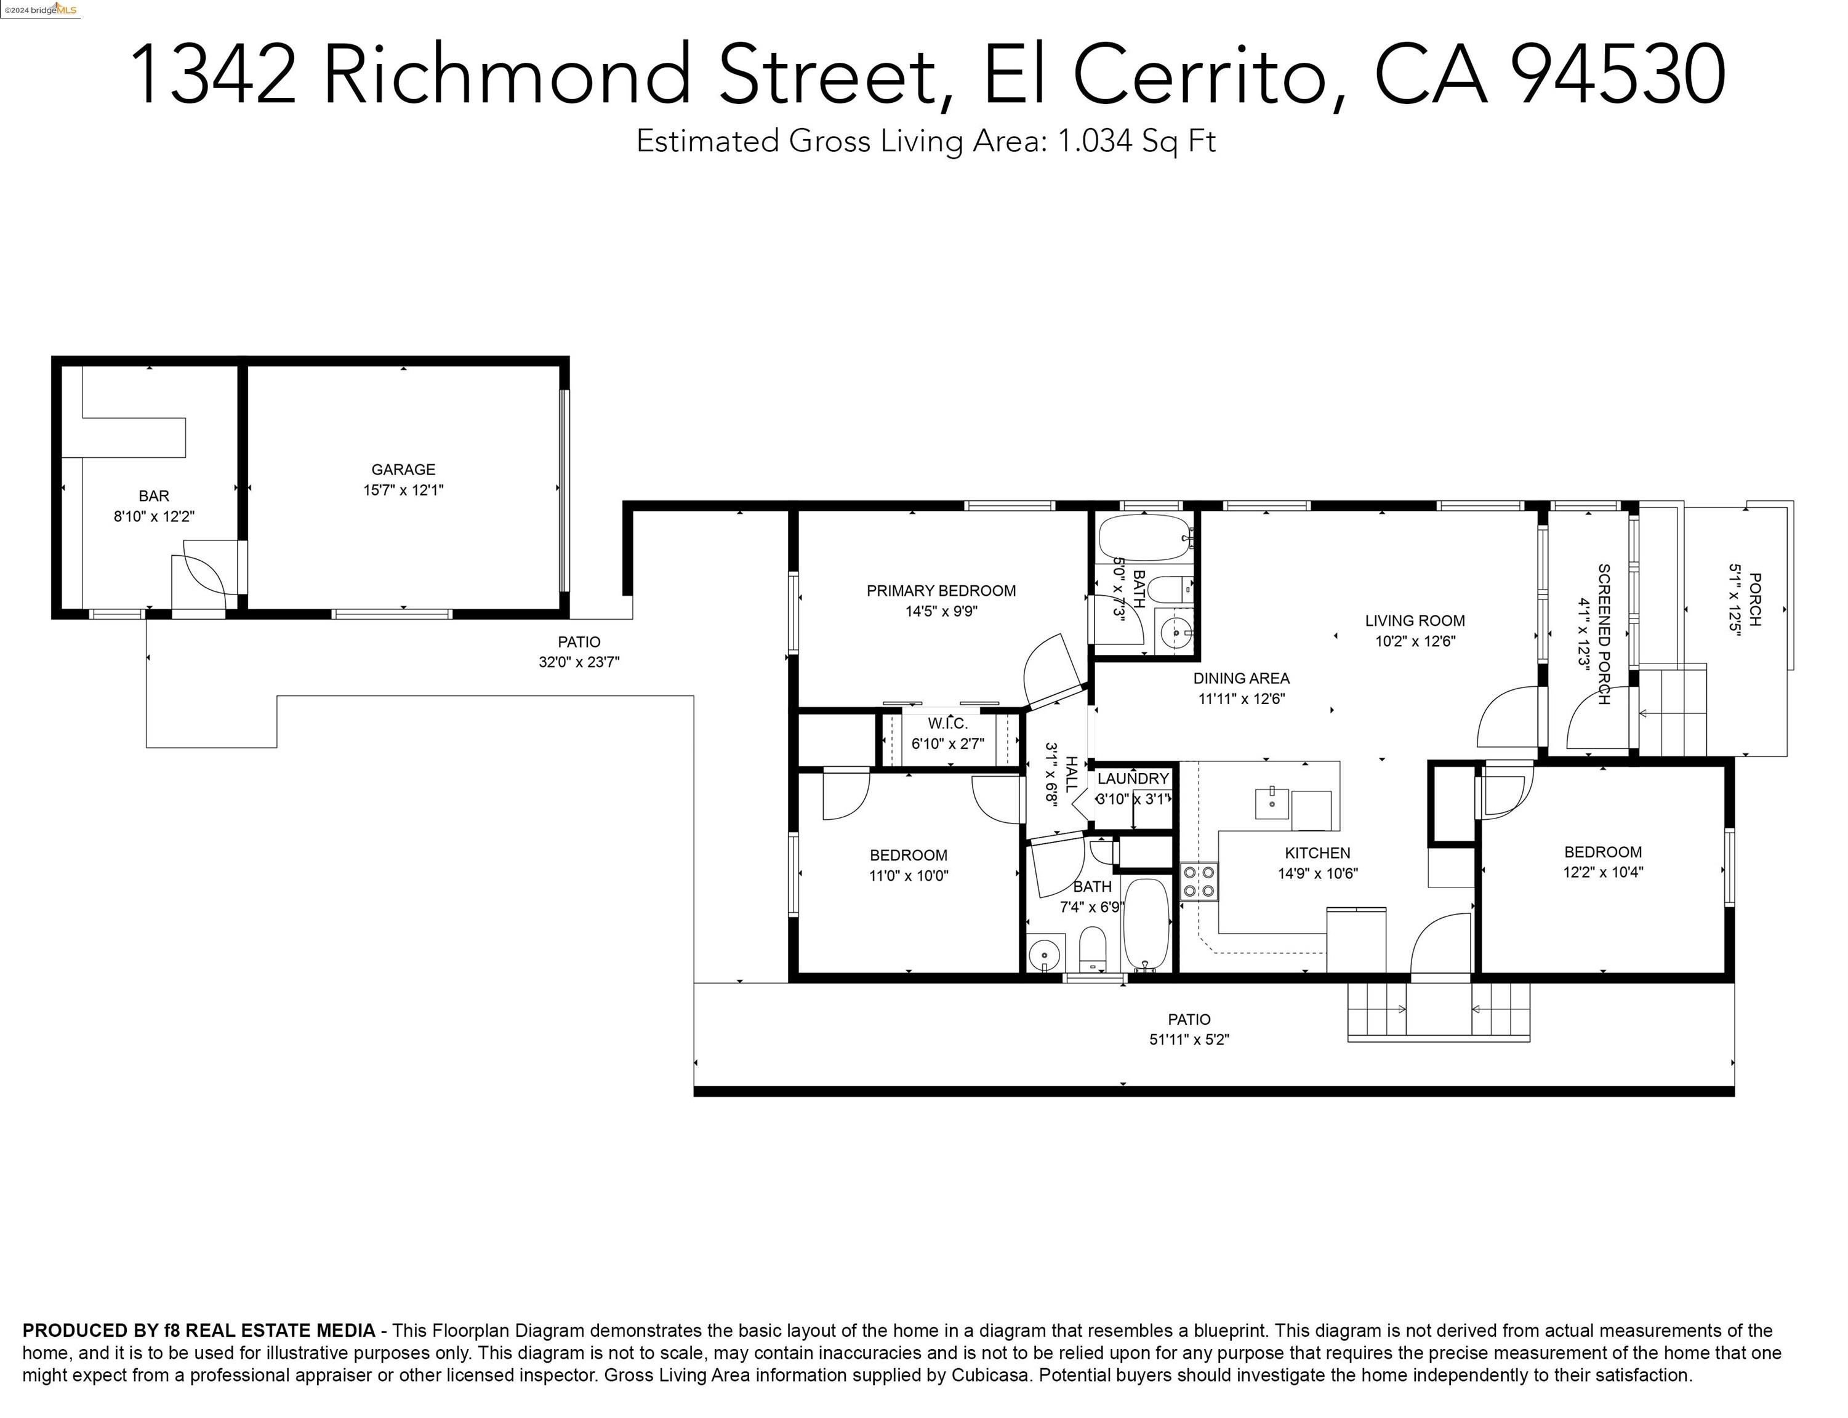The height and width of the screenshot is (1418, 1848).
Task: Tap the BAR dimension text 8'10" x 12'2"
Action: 154,516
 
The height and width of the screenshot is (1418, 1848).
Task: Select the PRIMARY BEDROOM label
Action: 941,591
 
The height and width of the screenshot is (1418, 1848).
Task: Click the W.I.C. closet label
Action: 947,723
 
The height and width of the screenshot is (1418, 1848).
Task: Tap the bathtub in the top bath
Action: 1144,538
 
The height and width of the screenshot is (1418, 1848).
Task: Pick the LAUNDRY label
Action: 1133,778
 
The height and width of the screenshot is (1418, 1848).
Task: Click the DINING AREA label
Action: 1241,678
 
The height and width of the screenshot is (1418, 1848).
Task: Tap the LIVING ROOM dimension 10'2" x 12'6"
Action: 1415,641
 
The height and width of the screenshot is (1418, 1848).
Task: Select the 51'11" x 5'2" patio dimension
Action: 1189,1040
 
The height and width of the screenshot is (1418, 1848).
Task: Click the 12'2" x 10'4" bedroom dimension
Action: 1602,872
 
